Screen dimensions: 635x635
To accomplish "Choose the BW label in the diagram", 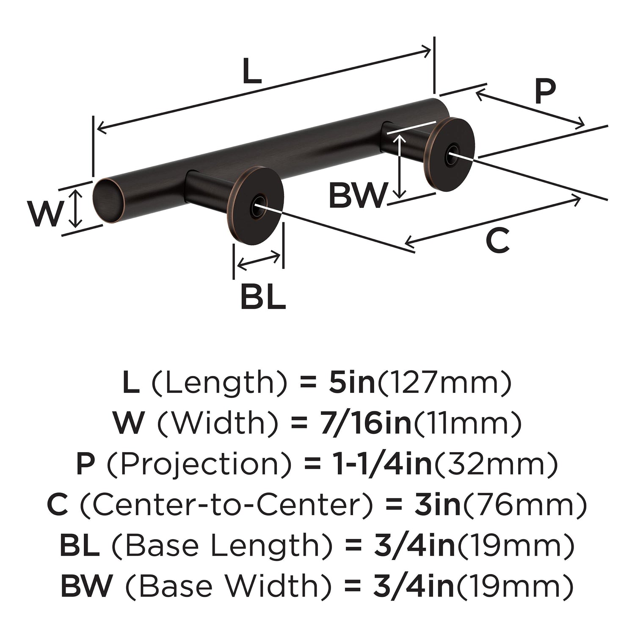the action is coord(358,195).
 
